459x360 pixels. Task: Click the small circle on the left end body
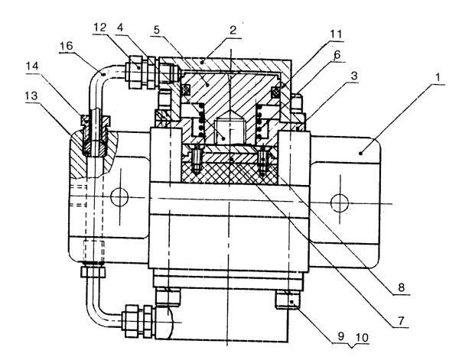[x=116, y=198]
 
